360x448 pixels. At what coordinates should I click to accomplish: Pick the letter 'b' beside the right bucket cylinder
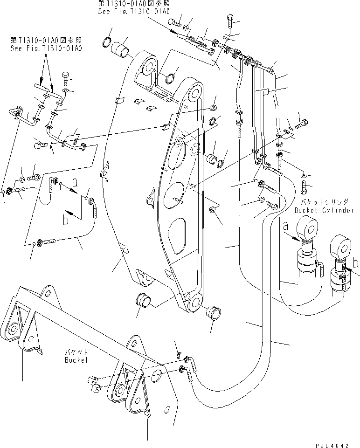click(x=356, y=264)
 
